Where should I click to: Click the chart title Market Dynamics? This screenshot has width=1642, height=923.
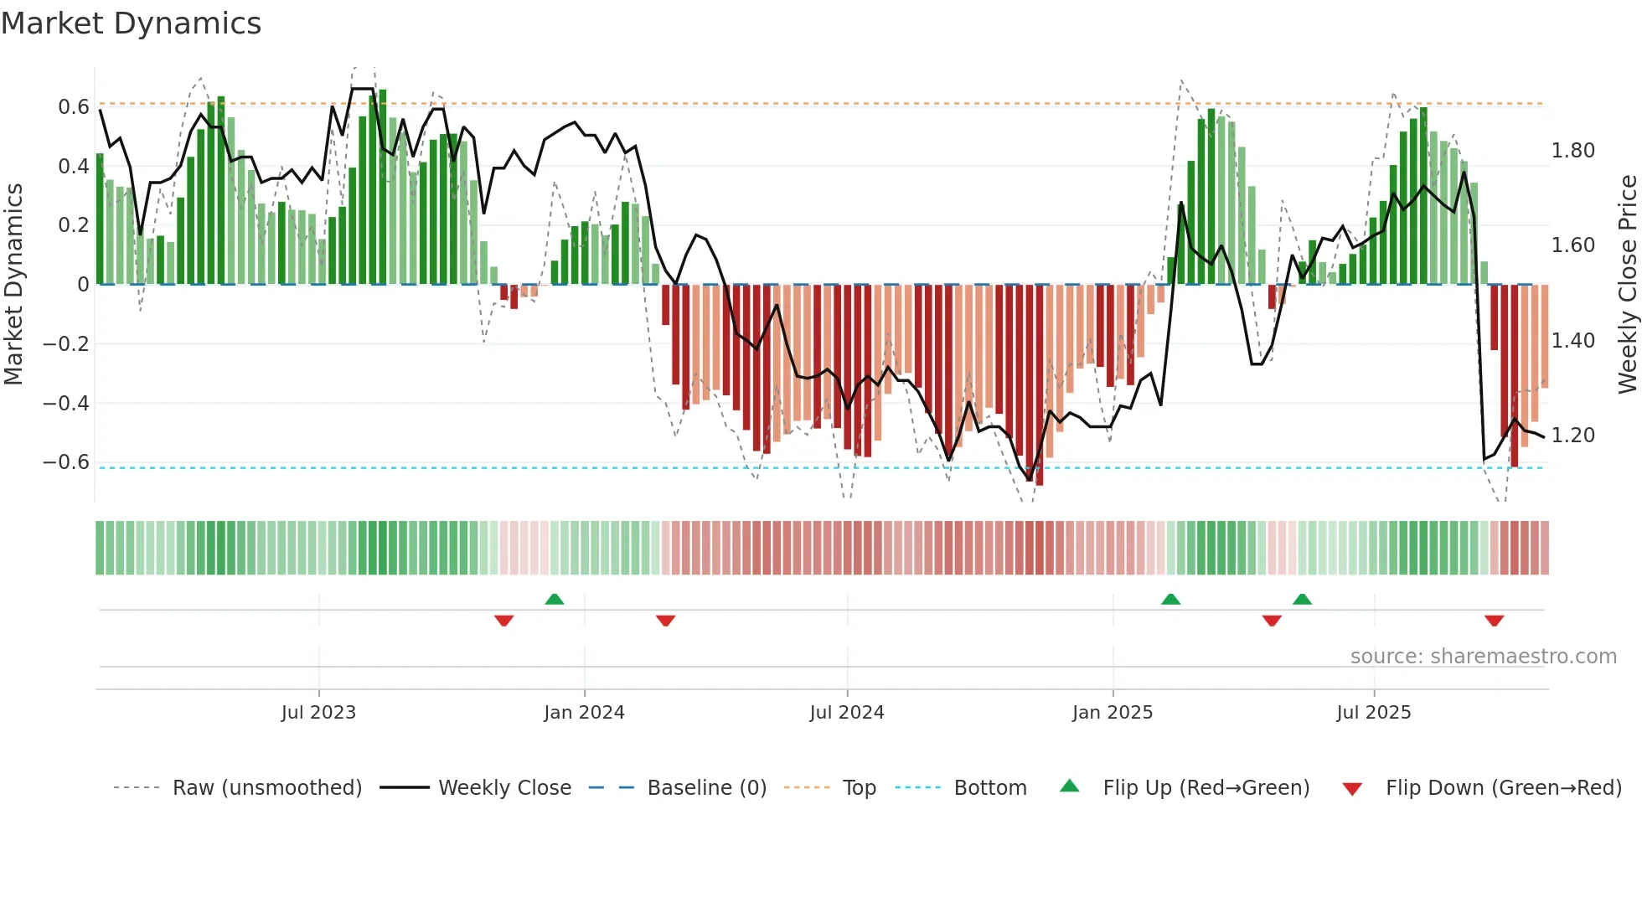(131, 23)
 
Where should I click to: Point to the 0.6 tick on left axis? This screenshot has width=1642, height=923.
(74, 107)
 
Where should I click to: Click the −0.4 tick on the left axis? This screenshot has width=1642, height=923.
(66, 403)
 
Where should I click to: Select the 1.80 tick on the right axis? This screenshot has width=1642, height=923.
(1572, 151)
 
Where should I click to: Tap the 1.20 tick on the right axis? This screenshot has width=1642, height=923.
(1572, 436)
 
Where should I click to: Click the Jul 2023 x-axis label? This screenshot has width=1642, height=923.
(318, 713)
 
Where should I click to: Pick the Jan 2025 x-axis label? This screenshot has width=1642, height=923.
(1112, 713)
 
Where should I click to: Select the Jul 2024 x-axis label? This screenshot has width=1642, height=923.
(846, 713)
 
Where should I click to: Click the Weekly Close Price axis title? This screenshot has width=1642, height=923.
(1627, 284)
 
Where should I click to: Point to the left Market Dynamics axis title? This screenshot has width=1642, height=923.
(13, 284)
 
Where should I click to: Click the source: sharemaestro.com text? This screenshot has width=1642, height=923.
(1483, 657)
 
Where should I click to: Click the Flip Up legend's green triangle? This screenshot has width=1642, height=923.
(1070, 786)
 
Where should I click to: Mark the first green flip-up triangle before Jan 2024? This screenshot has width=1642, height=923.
(554, 599)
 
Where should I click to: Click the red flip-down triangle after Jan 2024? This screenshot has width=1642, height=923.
(665, 621)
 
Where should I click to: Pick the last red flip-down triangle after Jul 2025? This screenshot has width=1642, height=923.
(1494, 621)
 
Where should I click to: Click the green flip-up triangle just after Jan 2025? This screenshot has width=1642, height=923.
(1170, 599)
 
